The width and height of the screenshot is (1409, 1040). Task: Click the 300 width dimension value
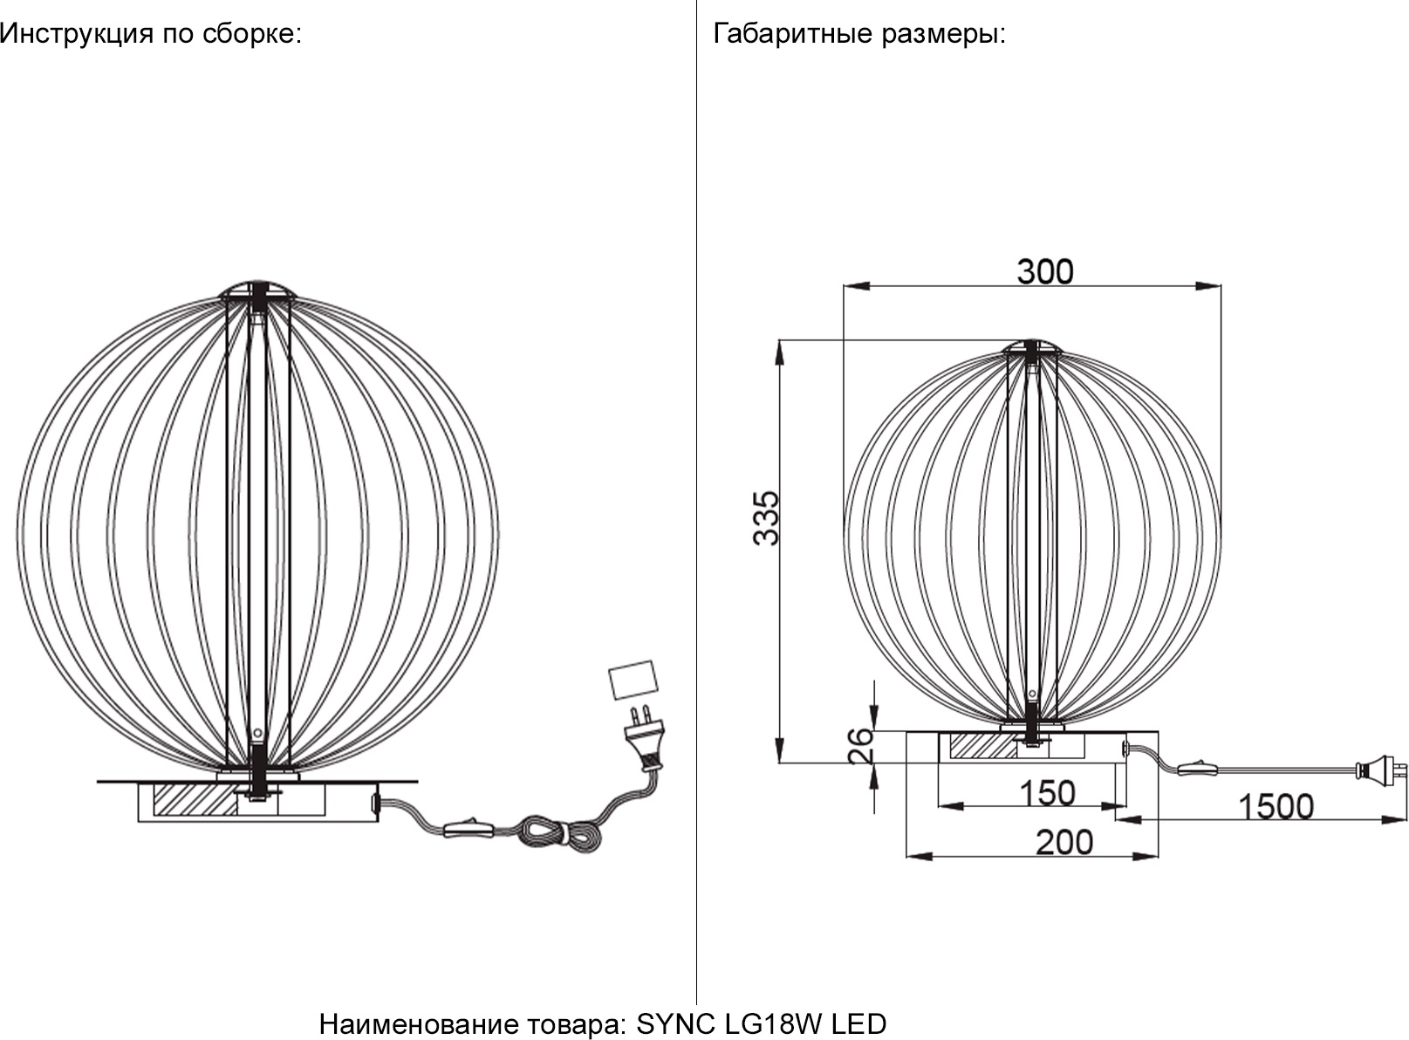[x=1045, y=271]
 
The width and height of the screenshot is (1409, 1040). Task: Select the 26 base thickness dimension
[x=861, y=746]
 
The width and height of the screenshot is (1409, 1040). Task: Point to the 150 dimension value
[x=1047, y=793]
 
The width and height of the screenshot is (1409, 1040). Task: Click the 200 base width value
[x=1064, y=843]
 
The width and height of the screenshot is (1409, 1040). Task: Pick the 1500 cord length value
[x=1276, y=807]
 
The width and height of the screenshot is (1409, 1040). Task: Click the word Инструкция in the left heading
[x=77, y=34]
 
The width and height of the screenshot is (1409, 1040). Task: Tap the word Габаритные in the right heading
[x=793, y=33]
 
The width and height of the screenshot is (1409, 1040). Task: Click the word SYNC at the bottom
[x=676, y=1024]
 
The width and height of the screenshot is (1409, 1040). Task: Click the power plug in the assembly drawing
[x=647, y=739]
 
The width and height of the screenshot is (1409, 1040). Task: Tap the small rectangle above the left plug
[x=633, y=680]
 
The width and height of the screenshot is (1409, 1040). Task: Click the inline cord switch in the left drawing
[x=471, y=828]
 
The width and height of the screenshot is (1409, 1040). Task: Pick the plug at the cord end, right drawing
[x=1377, y=771]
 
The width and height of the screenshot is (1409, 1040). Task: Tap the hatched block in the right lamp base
[x=982, y=745]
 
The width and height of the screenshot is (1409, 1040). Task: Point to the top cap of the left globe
[x=258, y=290]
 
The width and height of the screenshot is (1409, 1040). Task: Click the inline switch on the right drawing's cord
[x=1198, y=770]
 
